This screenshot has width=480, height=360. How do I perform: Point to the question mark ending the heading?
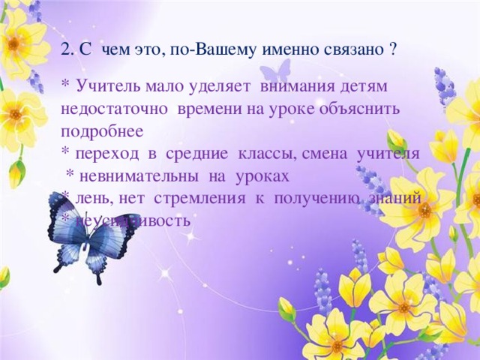(394, 49)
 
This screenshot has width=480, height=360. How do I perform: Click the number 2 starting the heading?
(65, 49)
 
